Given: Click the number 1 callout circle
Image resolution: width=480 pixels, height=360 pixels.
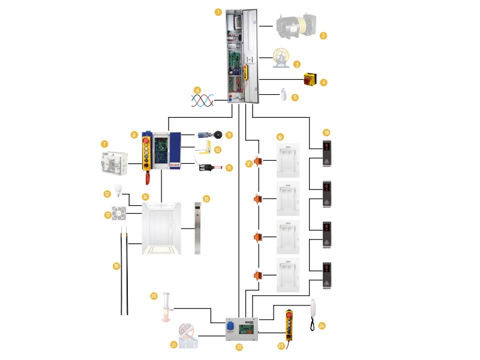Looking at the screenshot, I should [218, 11].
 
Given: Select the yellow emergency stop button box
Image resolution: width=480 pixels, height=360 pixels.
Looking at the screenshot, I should [310, 79].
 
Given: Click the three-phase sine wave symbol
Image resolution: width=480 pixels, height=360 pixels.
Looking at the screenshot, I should [202, 100].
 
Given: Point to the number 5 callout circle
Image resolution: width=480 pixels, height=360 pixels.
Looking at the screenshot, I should [295, 97].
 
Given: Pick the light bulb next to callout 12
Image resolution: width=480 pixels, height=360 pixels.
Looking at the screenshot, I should [118, 191].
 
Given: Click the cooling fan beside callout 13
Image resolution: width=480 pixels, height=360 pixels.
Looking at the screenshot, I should [119, 213].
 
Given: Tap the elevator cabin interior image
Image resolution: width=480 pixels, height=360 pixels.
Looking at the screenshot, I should [161, 228].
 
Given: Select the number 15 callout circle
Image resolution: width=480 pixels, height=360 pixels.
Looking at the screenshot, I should [206, 199].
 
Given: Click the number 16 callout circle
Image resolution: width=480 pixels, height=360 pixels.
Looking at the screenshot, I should [116, 265].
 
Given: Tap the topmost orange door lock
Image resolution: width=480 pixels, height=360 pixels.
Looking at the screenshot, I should [259, 161].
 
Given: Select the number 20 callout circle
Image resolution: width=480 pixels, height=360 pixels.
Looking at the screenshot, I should [154, 296].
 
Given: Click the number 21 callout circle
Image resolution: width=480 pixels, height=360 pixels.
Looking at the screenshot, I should [173, 344].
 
